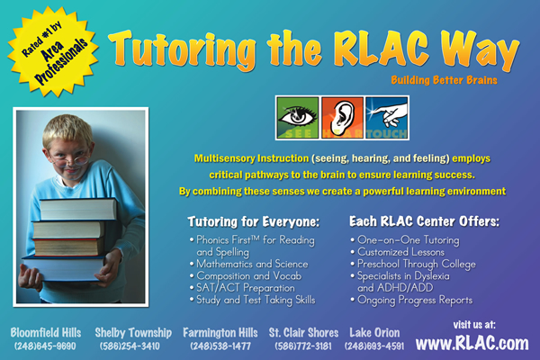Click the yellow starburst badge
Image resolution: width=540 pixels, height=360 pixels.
click(53, 51)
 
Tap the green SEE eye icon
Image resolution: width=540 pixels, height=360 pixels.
click(298, 118)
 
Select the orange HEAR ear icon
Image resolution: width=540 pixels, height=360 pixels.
click(342, 118)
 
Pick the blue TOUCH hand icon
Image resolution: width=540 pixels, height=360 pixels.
click(387, 118)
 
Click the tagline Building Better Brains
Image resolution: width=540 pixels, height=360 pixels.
click(444, 80)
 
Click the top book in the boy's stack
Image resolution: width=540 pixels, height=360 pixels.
click(78, 209)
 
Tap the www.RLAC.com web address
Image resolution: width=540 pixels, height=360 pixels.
click(472, 343)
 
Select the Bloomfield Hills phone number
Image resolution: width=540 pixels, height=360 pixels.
click(45, 346)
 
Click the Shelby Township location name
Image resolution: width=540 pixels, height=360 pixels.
click(133, 332)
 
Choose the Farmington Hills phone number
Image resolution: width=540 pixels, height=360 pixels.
click(220, 346)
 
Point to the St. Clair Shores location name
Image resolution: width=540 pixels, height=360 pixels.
click(303, 332)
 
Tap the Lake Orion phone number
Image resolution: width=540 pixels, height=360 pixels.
click(374, 346)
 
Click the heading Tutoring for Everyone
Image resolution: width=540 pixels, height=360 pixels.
click(254, 221)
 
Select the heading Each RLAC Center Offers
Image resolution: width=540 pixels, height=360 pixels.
click(424, 221)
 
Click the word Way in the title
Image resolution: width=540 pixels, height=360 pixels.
click(481, 50)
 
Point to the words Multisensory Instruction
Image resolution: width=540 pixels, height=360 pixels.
click(251, 158)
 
